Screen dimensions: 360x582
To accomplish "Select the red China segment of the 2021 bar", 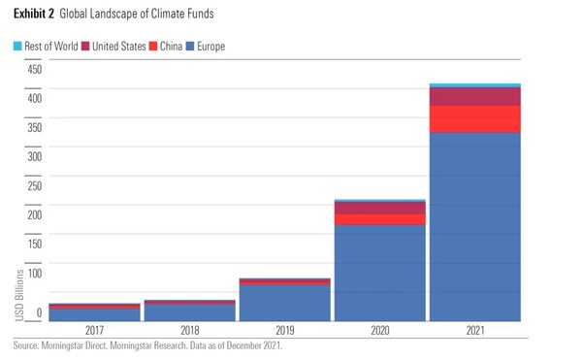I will pos(475,118).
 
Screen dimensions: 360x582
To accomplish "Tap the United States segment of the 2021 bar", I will pos(475,96).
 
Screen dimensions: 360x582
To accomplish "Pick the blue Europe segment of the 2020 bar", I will pos(380,272).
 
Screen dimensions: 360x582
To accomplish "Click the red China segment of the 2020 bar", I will pos(380,219).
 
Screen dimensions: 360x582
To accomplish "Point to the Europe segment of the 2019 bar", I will pos(285,302).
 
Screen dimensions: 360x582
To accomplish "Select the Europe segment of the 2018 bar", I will pos(190,311).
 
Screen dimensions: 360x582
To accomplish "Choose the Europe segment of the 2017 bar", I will pos(95,313).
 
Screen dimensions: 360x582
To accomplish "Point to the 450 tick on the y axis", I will pos(33,70).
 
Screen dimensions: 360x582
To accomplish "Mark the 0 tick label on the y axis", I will pos(39,312).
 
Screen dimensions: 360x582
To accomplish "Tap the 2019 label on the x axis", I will pos(285,330).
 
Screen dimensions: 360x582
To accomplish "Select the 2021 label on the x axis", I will pos(475,330).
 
